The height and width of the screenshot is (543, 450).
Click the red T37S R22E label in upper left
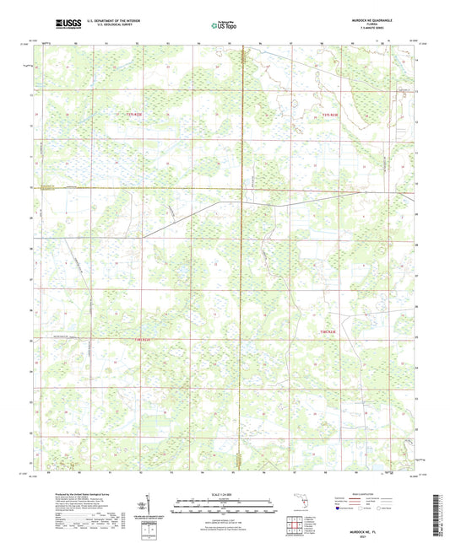coord(133,113)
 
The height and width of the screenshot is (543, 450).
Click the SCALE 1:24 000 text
coord(224,493)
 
